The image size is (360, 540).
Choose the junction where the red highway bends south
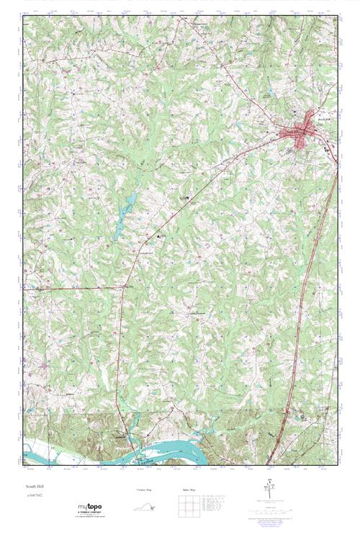click(x=125, y=287)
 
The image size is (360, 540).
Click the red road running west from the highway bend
click(x=72, y=288)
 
